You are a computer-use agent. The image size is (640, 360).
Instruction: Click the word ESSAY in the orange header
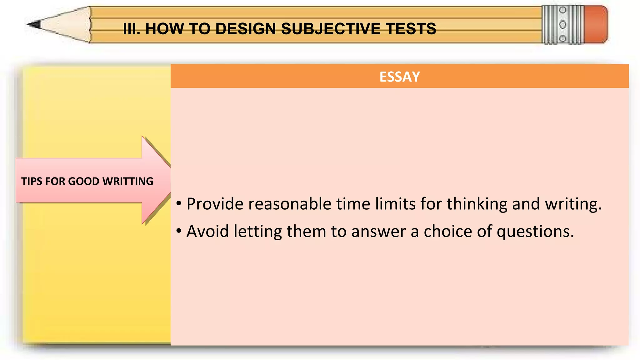pos(399,77)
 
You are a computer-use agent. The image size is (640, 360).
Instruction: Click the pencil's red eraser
pos(596,24)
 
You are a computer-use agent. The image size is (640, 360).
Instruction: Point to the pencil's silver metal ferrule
pos(562,24)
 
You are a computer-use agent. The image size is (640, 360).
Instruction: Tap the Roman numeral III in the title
pos(131,29)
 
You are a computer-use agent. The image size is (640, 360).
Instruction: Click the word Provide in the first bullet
pos(215,204)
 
